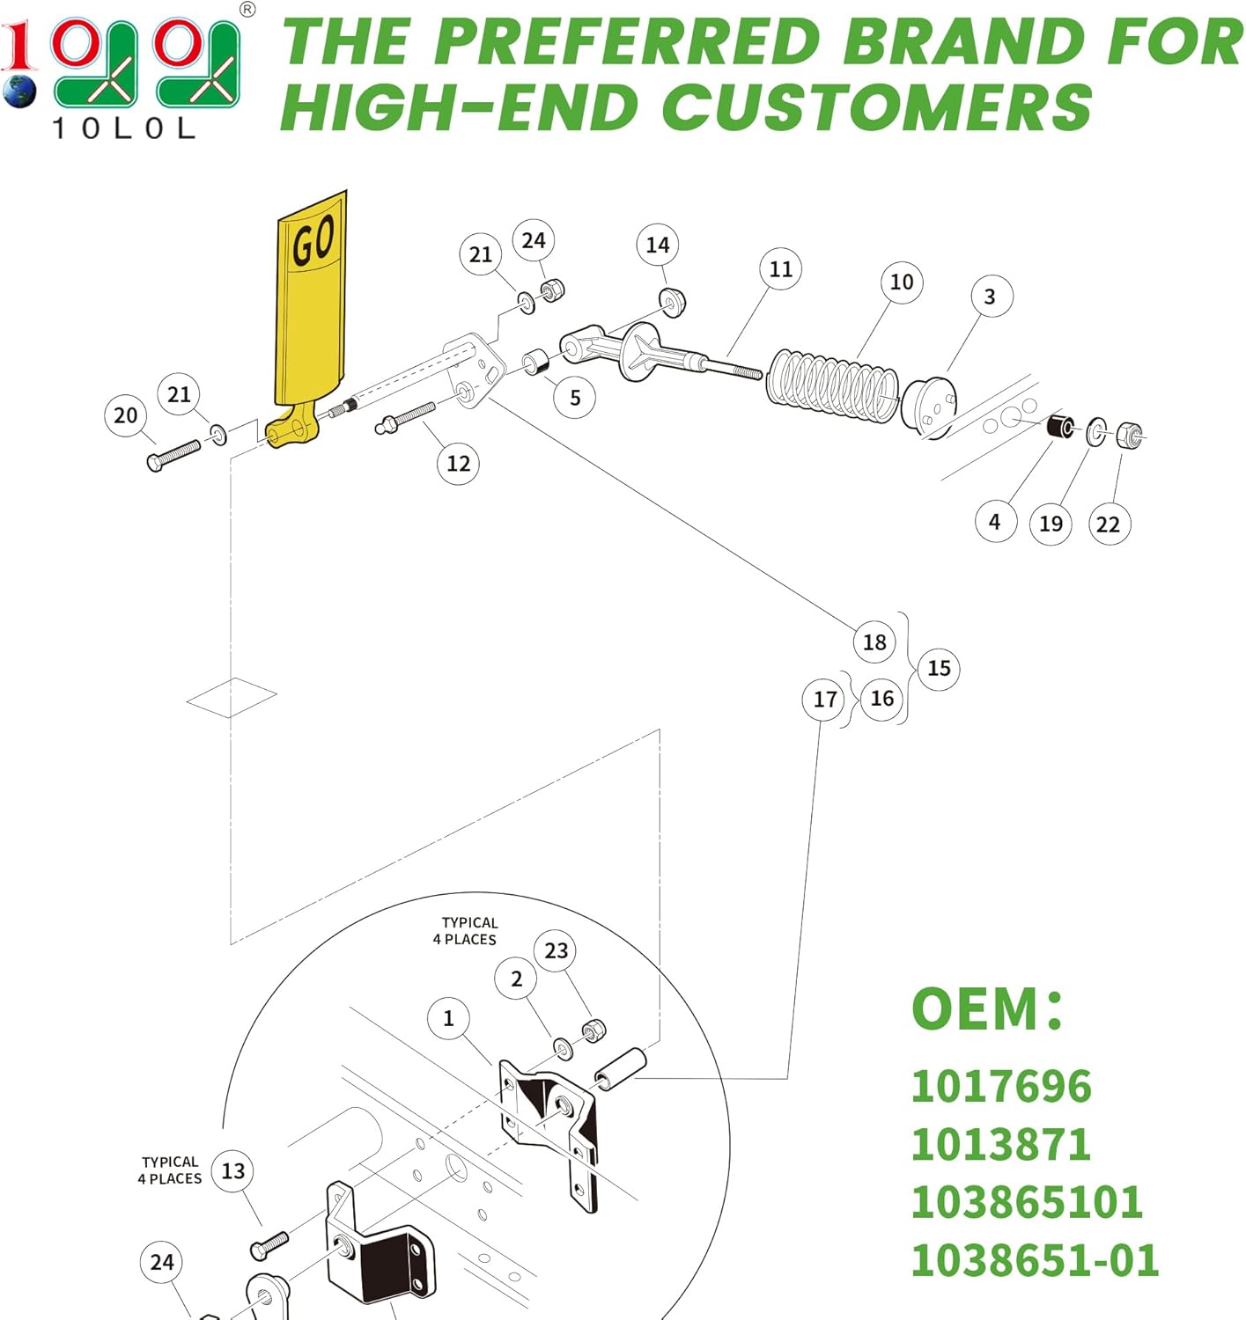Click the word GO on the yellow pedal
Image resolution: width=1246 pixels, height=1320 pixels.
pyautogui.click(x=313, y=242)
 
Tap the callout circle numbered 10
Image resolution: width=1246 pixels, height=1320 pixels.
pyautogui.click(x=901, y=282)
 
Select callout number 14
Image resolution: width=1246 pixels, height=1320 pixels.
pyautogui.click(x=657, y=246)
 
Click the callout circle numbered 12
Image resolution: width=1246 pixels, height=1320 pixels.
pyautogui.click(x=458, y=464)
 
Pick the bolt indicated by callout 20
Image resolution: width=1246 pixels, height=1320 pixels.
pyautogui.click(x=173, y=456)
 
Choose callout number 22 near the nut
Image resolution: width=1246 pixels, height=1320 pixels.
pyautogui.click(x=1108, y=524)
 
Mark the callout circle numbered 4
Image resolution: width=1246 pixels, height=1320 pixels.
pyautogui.click(x=995, y=522)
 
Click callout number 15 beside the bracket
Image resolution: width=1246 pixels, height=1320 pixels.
pyautogui.click(x=939, y=669)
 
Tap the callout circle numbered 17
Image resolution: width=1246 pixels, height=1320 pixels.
pyautogui.click(x=824, y=700)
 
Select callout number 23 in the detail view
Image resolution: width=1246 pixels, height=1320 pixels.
pyautogui.click(x=556, y=951)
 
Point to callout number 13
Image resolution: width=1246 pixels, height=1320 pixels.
pyautogui.click(x=232, y=1171)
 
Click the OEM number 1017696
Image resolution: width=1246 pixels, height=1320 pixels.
pyautogui.click(x=1001, y=1087)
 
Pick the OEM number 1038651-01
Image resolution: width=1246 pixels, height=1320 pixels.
pyautogui.click(x=1034, y=1260)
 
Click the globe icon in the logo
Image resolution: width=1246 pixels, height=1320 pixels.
pyautogui.click(x=18, y=91)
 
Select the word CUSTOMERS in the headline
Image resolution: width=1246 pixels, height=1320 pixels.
pyautogui.click(x=876, y=107)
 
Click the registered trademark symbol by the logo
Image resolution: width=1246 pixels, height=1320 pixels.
pyautogui.click(x=247, y=11)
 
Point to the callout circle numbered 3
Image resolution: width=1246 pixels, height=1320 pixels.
pyautogui.click(x=991, y=297)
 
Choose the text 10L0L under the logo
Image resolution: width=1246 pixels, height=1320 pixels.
pyautogui.click(x=124, y=129)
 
